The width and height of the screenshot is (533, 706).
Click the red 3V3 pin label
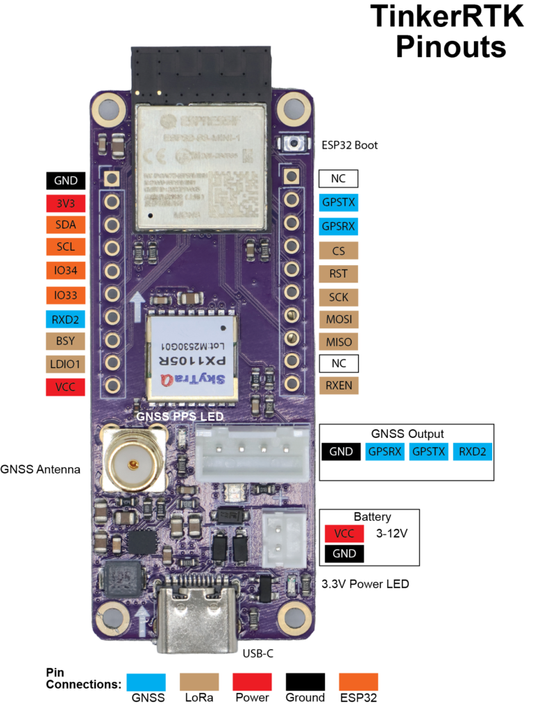point(66,203)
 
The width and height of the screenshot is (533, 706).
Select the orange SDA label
point(66,225)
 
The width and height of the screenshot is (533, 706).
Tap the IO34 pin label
point(66,270)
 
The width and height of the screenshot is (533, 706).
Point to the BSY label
point(66,341)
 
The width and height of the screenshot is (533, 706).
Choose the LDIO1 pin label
point(66,364)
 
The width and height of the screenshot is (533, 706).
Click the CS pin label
point(339,251)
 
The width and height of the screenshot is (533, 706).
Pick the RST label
point(339,274)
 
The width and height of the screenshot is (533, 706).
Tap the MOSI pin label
point(339,320)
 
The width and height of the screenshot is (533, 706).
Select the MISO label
point(339,342)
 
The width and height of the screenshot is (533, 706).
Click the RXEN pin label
point(339,385)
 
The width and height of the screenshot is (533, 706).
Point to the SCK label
point(339,297)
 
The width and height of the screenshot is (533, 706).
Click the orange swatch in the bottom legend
point(359,682)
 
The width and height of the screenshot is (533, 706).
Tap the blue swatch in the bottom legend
point(146,682)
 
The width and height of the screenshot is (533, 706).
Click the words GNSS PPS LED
point(180,417)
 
